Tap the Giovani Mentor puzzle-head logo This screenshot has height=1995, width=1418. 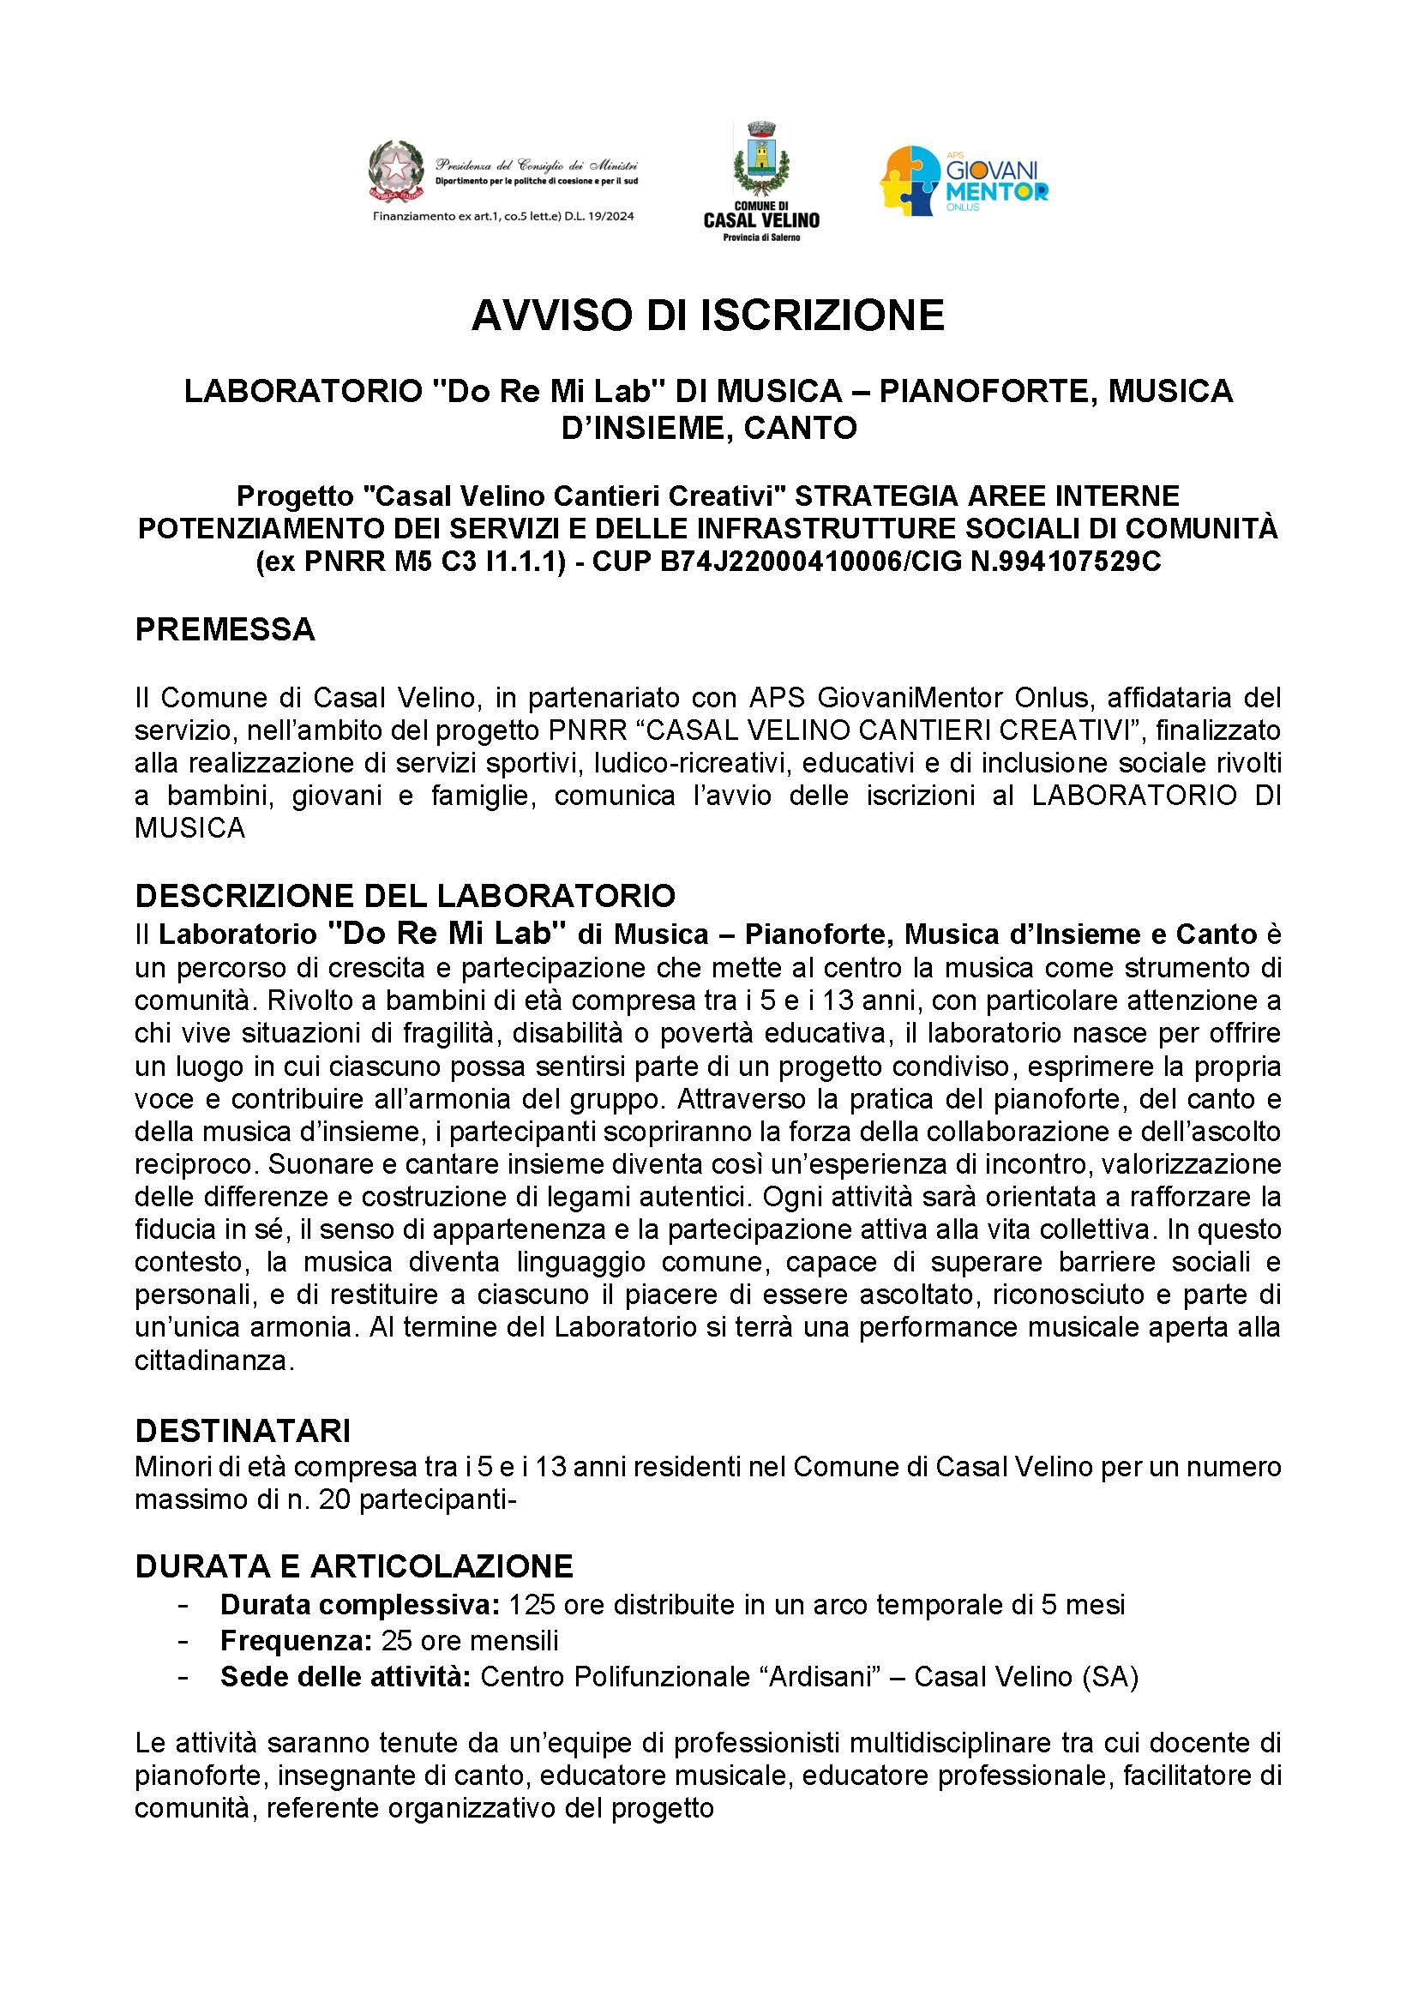(x=912, y=181)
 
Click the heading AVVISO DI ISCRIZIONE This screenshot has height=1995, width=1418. (x=708, y=315)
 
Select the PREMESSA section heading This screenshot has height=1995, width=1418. (x=225, y=629)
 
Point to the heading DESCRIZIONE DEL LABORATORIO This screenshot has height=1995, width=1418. (x=406, y=896)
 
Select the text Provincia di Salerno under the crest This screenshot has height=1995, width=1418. (x=761, y=238)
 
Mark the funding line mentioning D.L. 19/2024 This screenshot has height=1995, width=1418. (x=504, y=216)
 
